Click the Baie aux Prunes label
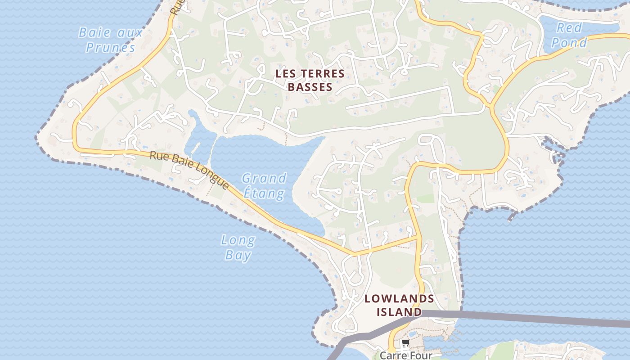111,40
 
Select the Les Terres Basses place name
310,80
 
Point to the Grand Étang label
264,185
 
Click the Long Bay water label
238,247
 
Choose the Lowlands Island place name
399,305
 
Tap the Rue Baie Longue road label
189,170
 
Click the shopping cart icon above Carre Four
405,343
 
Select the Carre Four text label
406,355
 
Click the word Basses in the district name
310,87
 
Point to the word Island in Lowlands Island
399,312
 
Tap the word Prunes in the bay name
111,47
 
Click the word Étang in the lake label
264,193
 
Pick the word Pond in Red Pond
569,42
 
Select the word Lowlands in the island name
399,298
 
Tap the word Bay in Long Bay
238,255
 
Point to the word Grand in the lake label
264,178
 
